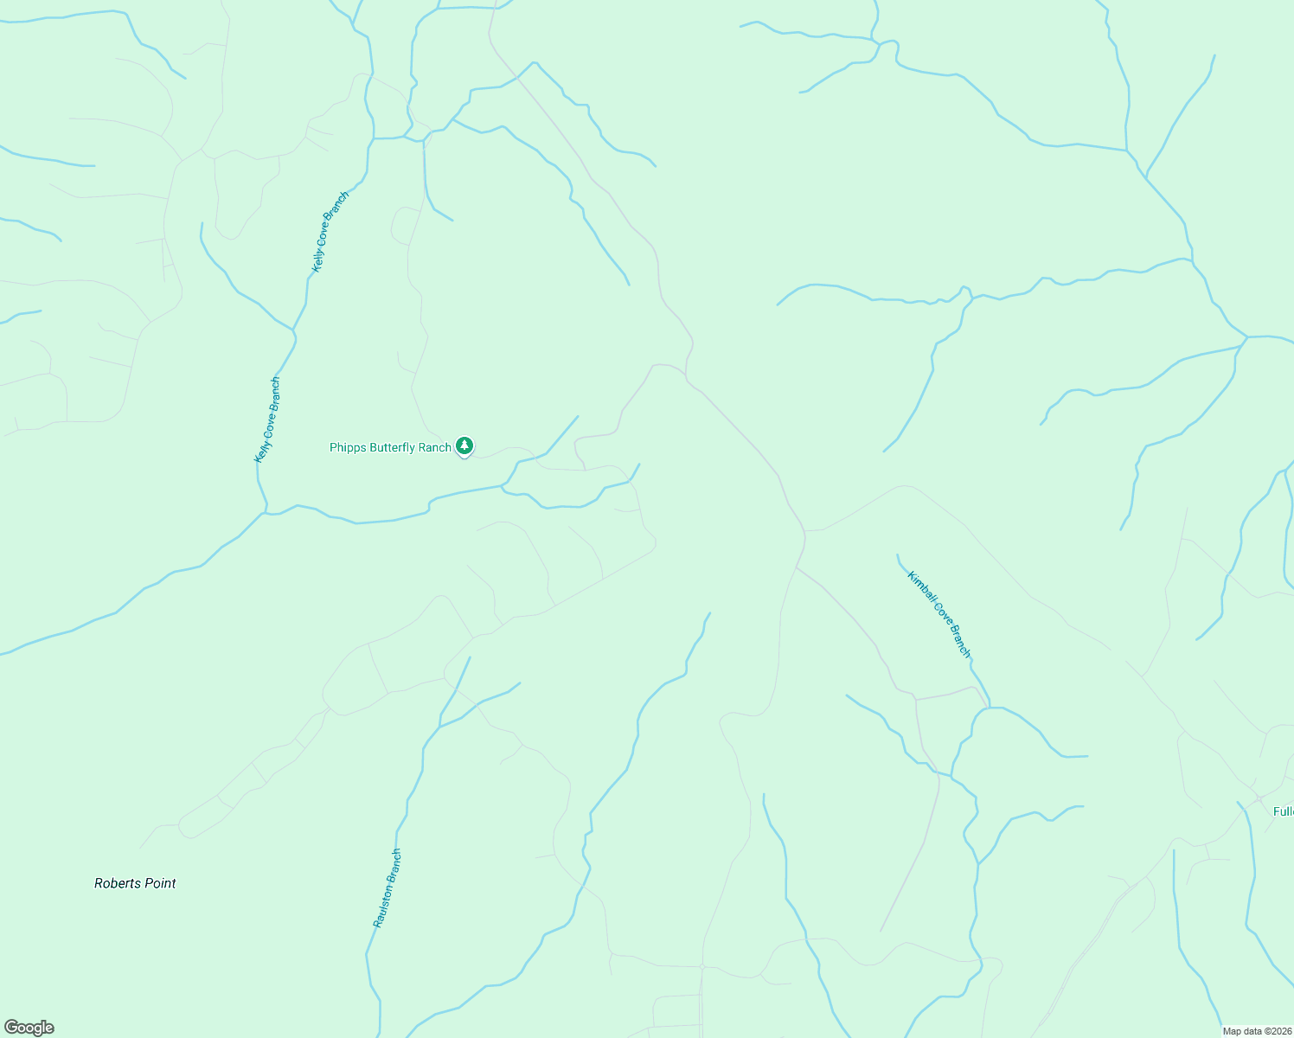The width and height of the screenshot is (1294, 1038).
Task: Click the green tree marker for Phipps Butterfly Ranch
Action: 464,445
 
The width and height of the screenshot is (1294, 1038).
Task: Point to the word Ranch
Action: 435,447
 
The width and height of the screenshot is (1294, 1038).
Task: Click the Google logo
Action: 29,1028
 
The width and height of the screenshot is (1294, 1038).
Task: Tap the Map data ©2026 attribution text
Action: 1257,1031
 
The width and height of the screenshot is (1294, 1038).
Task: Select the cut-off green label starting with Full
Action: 1283,811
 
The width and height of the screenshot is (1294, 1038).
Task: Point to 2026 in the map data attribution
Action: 1280,1031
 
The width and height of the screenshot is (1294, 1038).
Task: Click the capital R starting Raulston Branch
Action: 378,924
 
